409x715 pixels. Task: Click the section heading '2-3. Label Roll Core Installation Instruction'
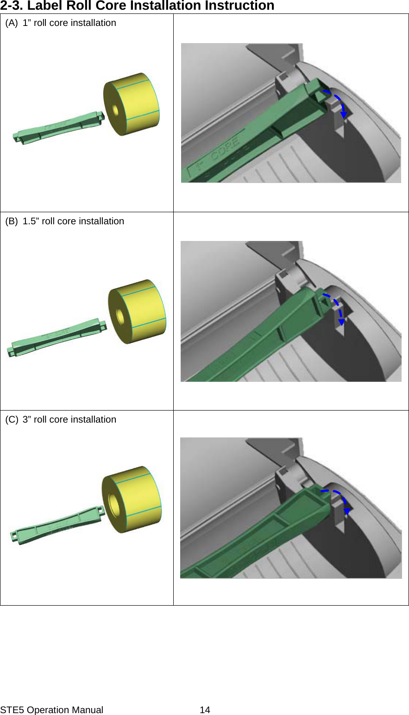point(137,6)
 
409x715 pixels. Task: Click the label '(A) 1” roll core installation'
point(61,23)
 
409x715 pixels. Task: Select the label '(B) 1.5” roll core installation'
point(64,221)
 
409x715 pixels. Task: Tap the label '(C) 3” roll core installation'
point(61,419)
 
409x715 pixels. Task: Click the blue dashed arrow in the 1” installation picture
point(337,102)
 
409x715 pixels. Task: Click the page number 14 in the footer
point(205,710)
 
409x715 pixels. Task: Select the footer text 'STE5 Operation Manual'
point(51,710)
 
